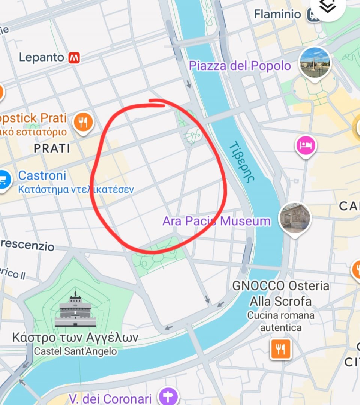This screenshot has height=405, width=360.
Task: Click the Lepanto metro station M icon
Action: (x=74, y=57)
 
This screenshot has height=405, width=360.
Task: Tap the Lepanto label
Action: (x=42, y=57)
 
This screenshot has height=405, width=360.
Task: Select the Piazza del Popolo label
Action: (x=240, y=66)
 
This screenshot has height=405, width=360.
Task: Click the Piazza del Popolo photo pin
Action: (x=315, y=61)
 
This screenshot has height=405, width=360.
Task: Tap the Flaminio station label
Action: (x=277, y=14)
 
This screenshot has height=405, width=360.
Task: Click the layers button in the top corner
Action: (x=328, y=7)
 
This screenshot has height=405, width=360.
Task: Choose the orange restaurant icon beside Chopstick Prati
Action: (x=83, y=122)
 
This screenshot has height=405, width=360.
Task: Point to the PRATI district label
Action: (x=52, y=148)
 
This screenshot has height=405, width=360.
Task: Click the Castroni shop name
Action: (x=42, y=175)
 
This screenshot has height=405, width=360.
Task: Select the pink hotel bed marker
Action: (x=306, y=145)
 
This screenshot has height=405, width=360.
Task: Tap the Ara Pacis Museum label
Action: (x=216, y=221)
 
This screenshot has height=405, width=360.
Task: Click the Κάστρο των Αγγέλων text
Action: (x=75, y=337)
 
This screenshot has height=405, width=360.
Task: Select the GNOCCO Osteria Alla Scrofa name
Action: (x=280, y=293)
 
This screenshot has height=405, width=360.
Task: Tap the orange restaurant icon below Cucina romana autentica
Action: (x=280, y=349)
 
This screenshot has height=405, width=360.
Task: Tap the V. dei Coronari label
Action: (x=110, y=398)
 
